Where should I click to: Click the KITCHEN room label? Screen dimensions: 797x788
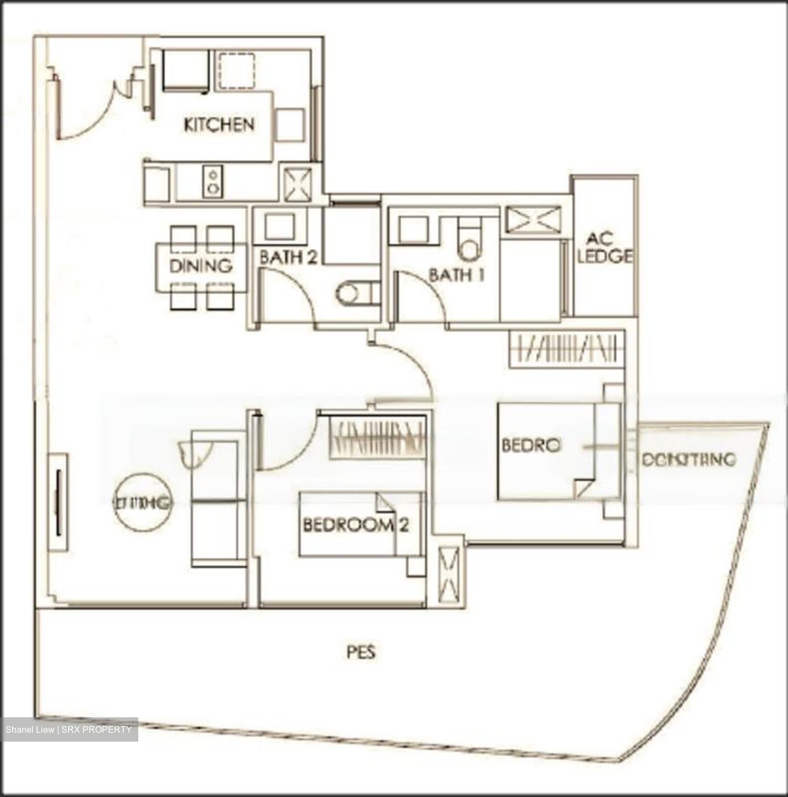[x=219, y=125]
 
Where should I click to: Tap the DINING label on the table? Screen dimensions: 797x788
[x=201, y=266]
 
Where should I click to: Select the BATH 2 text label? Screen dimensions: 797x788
[x=288, y=257]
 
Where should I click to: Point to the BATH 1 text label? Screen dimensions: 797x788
[x=457, y=275]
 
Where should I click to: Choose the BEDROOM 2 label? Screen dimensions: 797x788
[x=356, y=525]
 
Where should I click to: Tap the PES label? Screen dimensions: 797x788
[x=361, y=653]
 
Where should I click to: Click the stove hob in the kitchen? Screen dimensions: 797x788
[x=212, y=182]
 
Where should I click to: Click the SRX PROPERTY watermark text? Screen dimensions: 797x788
[x=69, y=729]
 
